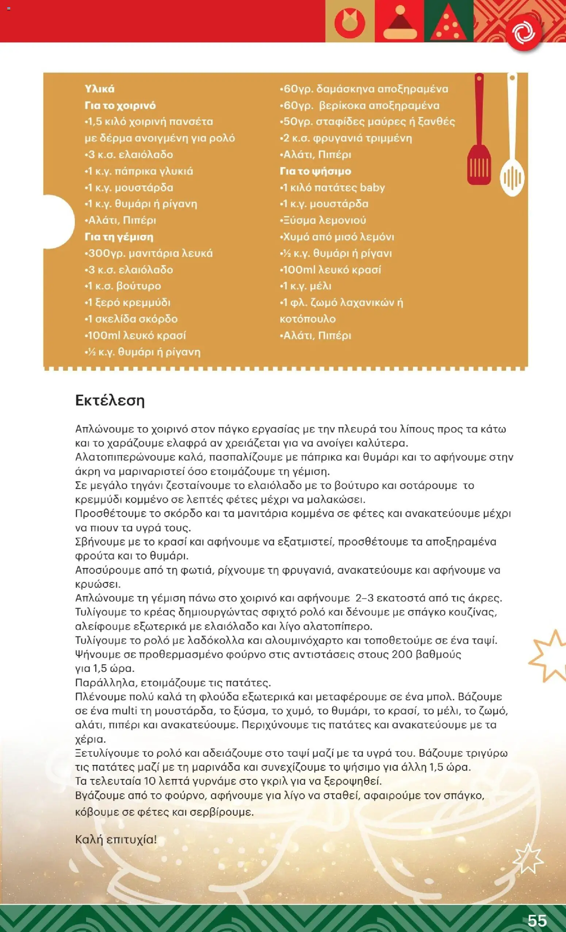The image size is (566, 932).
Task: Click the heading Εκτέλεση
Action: point(110,401)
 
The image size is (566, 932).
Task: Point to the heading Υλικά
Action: point(99,89)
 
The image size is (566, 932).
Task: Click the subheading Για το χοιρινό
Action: point(120,106)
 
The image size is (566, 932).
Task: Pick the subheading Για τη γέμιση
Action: point(119,237)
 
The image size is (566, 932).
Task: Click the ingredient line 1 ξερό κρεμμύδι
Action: point(127,303)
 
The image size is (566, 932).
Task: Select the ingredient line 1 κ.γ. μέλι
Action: point(306,286)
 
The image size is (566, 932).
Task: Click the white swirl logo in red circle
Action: point(524,33)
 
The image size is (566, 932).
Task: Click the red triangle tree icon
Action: point(449,23)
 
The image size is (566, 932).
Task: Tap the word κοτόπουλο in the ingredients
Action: point(307,319)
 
